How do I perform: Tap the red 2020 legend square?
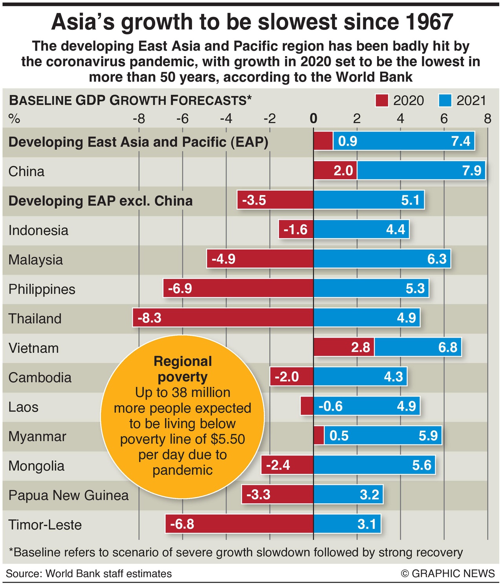point(381,101)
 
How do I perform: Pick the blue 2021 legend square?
point(445,101)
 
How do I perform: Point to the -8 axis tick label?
point(139,119)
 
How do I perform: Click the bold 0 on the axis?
point(313,119)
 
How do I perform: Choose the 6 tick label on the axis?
point(444,119)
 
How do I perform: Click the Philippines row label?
point(42,289)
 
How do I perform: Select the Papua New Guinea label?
point(68,495)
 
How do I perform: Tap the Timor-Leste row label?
point(45,525)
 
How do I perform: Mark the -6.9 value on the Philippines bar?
point(180,289)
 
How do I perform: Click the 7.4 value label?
point(460,141)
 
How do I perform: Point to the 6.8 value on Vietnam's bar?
point(448,347)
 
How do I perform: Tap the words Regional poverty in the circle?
point(183,369)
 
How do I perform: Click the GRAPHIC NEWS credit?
point(448,574)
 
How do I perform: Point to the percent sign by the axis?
point(14,119)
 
